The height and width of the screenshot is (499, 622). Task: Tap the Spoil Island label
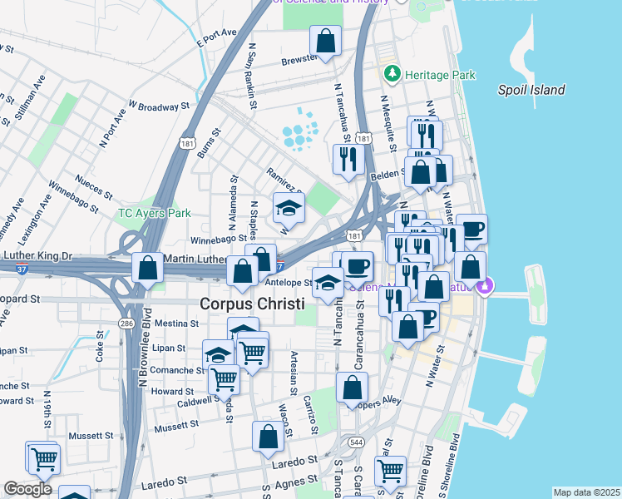(x=531, y=90)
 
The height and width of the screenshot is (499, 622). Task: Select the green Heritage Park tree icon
(x=392, y=75)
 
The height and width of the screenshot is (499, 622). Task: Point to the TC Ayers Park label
(x=154, y=213)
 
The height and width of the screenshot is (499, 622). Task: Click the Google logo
(x=27, y=489)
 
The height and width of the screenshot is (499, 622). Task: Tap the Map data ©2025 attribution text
(x=586, y=492)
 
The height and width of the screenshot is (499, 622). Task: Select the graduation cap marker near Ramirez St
(x=289, y=207)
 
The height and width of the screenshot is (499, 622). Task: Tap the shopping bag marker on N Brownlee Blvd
(x=147, y=268)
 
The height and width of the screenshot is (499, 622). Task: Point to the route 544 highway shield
(x=357, y=441)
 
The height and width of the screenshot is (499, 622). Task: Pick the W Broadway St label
(x=158, y=107)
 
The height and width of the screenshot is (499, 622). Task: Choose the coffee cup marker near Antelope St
(x=358, y=266)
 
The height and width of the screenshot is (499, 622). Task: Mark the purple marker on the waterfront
(x=485, y=288)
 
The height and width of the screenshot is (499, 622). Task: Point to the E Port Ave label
(x=217, y=37)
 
